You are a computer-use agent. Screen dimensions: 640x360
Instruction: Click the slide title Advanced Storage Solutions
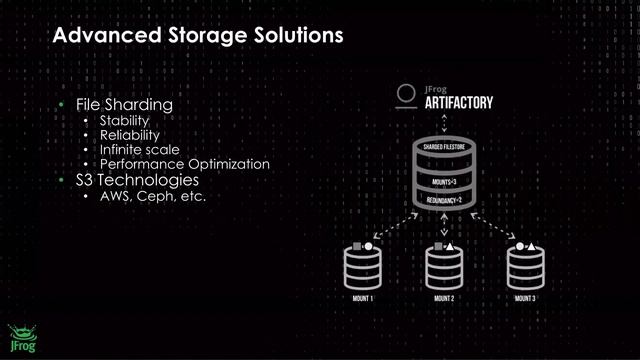(x=197, y=36)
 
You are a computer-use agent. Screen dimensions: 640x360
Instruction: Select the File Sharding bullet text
(x=124, y=104)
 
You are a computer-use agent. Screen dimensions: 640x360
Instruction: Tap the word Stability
(x=124, y=120)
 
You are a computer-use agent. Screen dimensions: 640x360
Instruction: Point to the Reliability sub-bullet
(x=129, y=134)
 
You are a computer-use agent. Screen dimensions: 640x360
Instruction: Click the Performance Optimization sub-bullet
(x=184, y=163)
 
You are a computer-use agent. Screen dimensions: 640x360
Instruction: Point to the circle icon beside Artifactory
(x=406, y=96)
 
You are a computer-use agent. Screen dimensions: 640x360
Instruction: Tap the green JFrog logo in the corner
(x=20, y=338)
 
